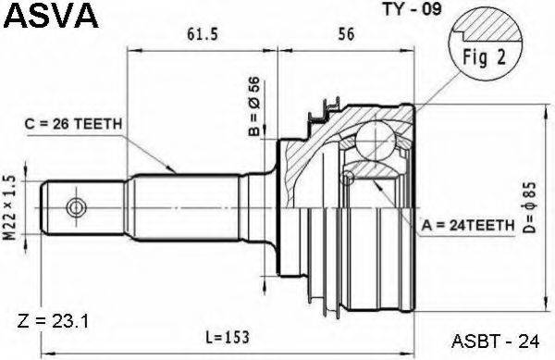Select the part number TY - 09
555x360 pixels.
413,9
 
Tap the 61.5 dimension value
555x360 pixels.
202,34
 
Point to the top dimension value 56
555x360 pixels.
346,34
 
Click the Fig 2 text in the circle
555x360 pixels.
485,57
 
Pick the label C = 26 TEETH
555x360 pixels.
74,124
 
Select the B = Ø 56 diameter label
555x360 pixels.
253,106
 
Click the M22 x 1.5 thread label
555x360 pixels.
10,208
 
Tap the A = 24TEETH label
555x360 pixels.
467,225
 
